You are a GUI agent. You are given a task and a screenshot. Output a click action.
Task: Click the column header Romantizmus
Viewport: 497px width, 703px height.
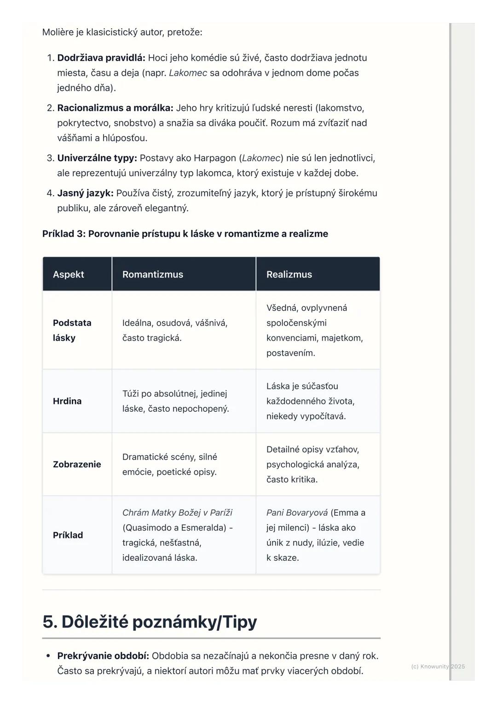point(153,275)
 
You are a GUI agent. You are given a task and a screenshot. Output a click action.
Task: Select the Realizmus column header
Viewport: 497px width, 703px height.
point(289,275)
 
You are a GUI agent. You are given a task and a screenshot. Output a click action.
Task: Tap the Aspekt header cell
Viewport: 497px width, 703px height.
point(69,275)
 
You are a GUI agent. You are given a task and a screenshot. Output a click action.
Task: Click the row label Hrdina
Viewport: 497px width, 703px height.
point(67,401)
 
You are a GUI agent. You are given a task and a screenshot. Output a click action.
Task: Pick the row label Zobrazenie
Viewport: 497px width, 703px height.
point(77,464)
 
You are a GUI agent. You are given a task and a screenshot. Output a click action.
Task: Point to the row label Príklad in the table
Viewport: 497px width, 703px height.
point(68,535)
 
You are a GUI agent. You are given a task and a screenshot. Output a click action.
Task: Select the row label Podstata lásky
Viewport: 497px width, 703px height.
point(72,330)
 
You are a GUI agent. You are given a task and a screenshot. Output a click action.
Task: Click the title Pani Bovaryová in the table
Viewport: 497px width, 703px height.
point(297,513)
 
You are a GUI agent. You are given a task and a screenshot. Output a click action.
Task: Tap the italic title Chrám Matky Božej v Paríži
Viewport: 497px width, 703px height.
point(177,513)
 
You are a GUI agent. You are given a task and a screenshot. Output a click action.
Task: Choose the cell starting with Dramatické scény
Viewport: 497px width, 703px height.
point(169,464)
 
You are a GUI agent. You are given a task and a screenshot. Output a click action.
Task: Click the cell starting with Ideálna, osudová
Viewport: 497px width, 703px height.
point(175,330)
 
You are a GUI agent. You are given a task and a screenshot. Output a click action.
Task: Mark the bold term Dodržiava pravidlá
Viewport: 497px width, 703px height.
point(101,58)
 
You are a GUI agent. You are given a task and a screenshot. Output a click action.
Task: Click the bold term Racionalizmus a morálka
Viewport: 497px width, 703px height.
point(115,108)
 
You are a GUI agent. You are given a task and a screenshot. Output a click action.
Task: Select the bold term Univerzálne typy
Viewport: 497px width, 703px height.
point(97,158)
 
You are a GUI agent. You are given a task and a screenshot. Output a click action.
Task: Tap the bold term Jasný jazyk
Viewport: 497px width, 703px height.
point(85,193)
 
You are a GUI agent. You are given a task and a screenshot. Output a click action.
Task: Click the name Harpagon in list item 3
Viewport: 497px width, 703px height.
point(214,158)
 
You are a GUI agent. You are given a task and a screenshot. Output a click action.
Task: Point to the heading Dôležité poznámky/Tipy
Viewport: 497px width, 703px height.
point(150,622)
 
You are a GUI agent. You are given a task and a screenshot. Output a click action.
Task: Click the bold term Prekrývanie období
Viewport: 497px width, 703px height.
point(103,656)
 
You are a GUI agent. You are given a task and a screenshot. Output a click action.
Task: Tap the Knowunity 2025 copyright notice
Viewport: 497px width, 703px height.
point(438,666)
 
